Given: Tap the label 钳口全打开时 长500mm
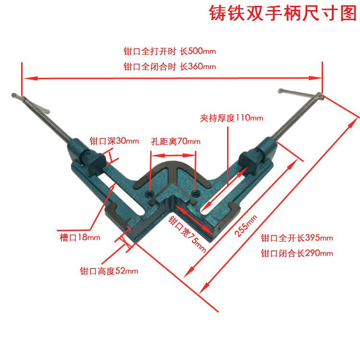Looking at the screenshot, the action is [x=167, y=51].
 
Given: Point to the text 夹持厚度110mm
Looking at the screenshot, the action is [x=231, y=118].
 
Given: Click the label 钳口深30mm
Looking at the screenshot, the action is [x=114, y=141].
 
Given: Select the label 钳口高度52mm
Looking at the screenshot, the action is [x=108, y=271].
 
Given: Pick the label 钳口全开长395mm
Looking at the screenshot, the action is [x=297, y=238].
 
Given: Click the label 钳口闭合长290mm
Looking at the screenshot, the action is [x=297, y=253].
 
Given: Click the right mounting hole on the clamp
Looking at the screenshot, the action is [x=195, y=193].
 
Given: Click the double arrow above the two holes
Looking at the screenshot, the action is [x=173, y=155].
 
